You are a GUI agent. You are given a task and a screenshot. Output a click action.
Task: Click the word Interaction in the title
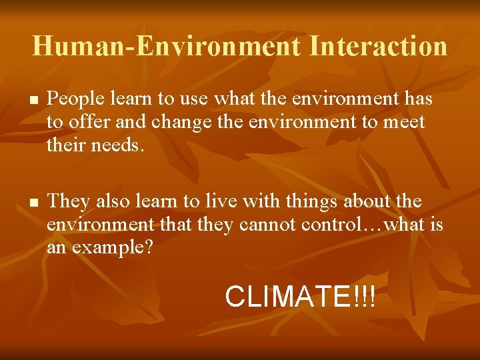point(378,46)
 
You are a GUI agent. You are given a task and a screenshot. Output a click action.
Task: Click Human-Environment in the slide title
point(166,46)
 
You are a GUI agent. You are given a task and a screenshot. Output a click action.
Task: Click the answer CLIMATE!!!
point(301,297)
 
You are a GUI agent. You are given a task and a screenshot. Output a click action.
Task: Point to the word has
point(418,99)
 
